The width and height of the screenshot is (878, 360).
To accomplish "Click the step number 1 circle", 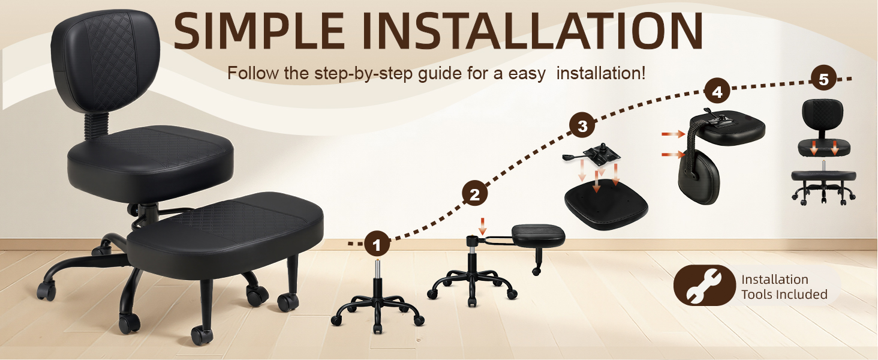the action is [x=377, y=244].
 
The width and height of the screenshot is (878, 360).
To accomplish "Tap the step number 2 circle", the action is [x=474, y=194].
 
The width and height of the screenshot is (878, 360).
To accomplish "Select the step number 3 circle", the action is [x=582, y=126].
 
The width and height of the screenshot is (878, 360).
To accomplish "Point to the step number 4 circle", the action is [x=717, y=92].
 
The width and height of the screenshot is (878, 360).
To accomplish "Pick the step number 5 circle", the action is [x=823, y=79].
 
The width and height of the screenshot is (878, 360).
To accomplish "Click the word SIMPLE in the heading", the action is [x=259, y=31].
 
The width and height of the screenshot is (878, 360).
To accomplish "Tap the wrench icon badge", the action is [x=704, y=286].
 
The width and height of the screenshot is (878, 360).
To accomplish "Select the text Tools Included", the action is [x=784, y=294].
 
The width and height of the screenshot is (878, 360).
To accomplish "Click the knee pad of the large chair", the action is [x=225, y=229].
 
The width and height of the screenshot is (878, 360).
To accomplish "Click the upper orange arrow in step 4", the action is [x=673, y=134].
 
